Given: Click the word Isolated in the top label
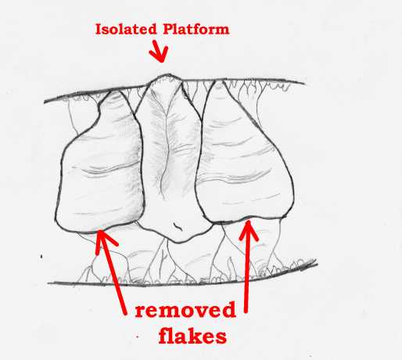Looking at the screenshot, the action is point(126,29).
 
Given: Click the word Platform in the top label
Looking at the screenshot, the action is point(196,29).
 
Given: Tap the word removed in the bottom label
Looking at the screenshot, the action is point(185,310).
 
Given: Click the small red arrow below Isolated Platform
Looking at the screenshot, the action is point(160,52).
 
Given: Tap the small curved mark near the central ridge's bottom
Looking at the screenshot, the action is point(178,225).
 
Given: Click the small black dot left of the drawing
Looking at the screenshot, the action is point(41,257).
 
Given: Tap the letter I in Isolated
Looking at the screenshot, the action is point(99,29).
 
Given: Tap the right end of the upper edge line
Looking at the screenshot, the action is point(304,83).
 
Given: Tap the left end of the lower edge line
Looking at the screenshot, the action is point(48,283).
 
